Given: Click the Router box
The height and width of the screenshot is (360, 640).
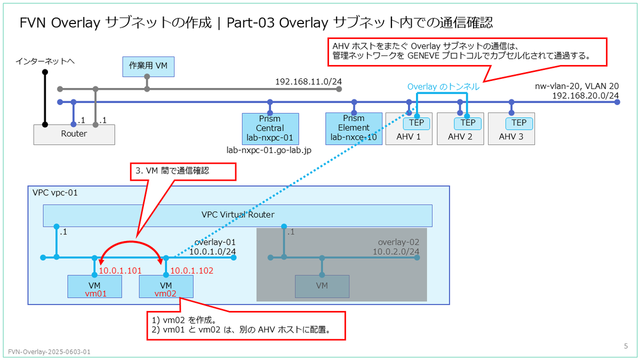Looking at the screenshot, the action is [x=74, y=134].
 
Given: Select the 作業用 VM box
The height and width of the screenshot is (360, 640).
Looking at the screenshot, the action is [x=148, y=67].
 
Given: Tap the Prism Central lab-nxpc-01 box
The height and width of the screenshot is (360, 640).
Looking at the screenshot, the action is [x=270, y=129].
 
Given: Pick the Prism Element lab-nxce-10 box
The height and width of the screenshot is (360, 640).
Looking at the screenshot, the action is [x=354, y=129].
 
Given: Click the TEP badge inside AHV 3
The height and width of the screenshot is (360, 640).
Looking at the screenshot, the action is [x=519, y=123].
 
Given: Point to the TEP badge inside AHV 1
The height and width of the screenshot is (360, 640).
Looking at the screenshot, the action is [x=417, y=123].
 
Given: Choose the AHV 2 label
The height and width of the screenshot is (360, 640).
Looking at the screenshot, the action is [x=460, y=137].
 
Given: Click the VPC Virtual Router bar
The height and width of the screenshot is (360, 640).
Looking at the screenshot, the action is [x=237, y=215].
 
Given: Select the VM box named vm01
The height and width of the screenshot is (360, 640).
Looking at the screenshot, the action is [x=94, y=286].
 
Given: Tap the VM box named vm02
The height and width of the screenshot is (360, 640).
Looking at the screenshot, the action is [x=166, y=286].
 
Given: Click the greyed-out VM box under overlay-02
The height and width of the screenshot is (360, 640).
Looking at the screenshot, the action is [x=322, y=286].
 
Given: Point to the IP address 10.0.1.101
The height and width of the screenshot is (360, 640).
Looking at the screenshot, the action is [x=121, y=270].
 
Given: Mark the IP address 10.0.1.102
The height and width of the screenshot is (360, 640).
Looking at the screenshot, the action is [x=191, y=270].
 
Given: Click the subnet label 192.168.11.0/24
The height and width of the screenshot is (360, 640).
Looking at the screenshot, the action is [x=308, y=82].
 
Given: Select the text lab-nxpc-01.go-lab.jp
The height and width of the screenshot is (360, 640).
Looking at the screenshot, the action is [x=269, y=150].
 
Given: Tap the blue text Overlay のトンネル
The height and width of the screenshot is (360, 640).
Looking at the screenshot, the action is [x=443, y=86].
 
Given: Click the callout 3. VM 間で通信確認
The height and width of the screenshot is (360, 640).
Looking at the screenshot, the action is [x=183, y=172].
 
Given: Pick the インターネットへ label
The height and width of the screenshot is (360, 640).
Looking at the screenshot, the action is [x=45, y=61].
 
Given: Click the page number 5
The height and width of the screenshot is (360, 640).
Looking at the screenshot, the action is [x=626, y=346].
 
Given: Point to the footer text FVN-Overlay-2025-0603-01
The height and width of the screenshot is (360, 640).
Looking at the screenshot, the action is [x=49, y=351].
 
